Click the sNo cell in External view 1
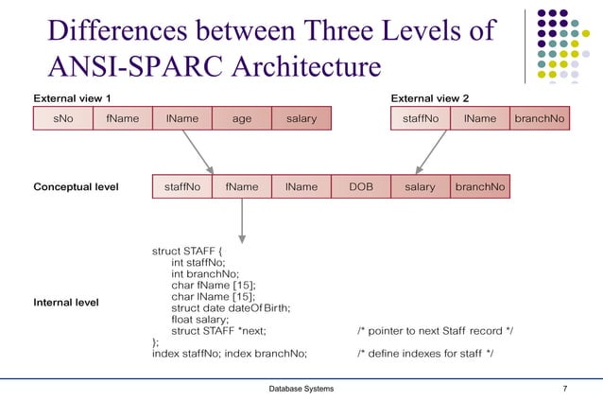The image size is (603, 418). tap(62, 119)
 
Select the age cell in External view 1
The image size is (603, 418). tap(242, 119)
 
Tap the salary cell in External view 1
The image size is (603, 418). tap(301, 119)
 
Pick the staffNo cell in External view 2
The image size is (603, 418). tap(421, 119)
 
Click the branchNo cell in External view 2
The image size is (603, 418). tap(540, 119)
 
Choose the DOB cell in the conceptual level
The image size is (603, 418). tap(361, 187)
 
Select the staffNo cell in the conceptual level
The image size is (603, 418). tap(182, 187)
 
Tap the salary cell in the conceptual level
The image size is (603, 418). tap(421, 187)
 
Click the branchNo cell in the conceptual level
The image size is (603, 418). tap(480, 187)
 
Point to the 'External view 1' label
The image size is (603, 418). tap(72, 97)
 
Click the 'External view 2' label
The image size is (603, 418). tap(430, 97)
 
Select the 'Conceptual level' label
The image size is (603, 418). tap(76, 187)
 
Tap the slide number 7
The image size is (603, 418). tap(564, 390)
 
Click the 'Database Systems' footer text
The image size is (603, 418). tap(301, 390)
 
